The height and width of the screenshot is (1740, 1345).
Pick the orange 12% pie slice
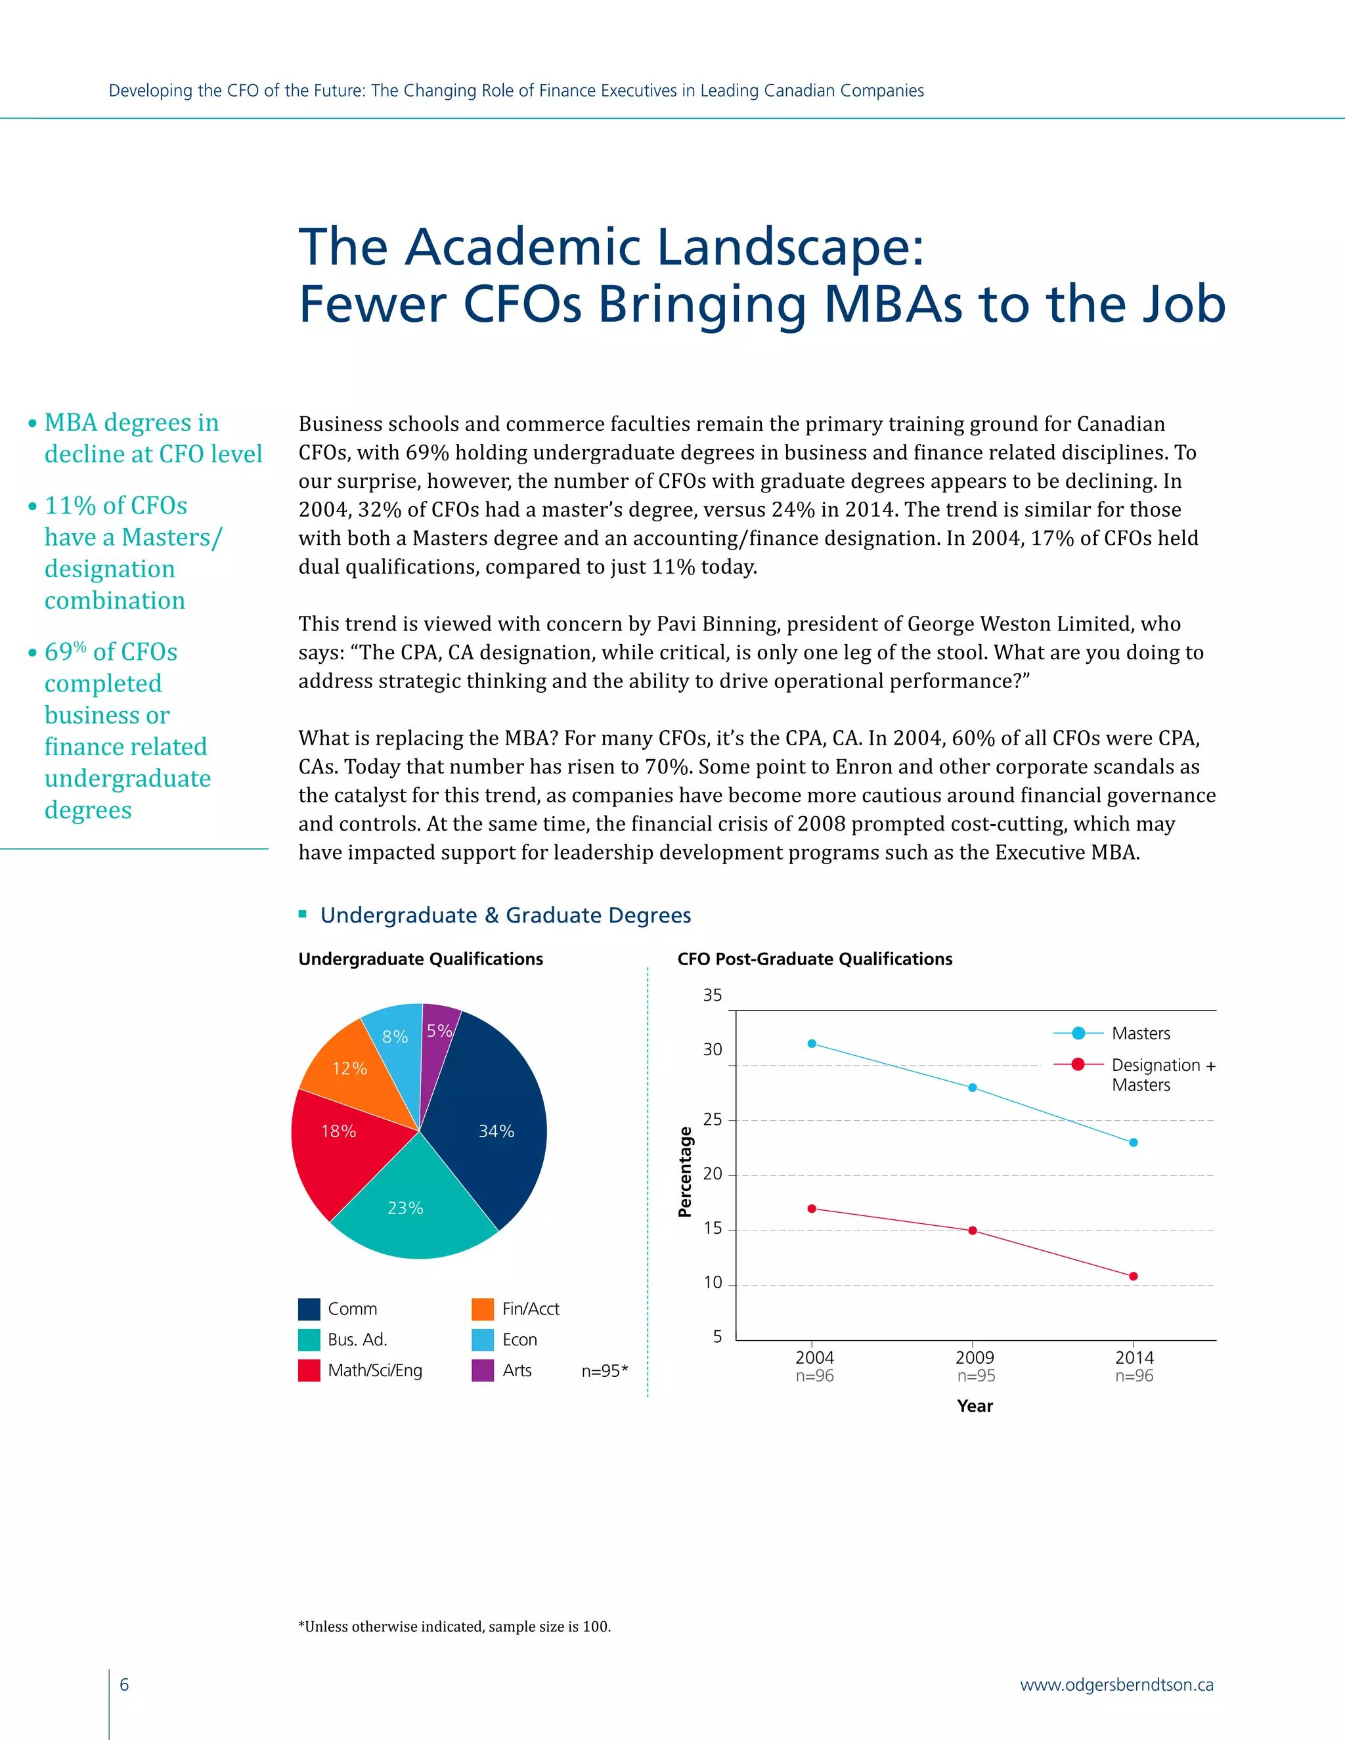(351, 1068)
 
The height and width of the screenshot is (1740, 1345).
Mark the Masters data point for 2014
(1133, 1142)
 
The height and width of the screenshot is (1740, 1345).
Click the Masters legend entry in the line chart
(1140, 1033)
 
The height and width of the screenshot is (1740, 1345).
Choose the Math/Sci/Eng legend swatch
(309, 1370)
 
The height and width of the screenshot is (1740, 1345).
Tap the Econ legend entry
(519, 1340)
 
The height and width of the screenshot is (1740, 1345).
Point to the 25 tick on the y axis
(713, 1120)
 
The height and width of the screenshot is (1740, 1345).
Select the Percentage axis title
(684, 1171)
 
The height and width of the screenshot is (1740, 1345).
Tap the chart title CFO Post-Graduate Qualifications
(814, 959)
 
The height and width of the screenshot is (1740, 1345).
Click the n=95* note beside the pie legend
(604, 1371)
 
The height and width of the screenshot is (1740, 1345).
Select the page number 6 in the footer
(124, 1684)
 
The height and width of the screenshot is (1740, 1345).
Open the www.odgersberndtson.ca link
(1116, 1684)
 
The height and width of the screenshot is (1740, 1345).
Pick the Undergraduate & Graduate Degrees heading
(505, 915)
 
